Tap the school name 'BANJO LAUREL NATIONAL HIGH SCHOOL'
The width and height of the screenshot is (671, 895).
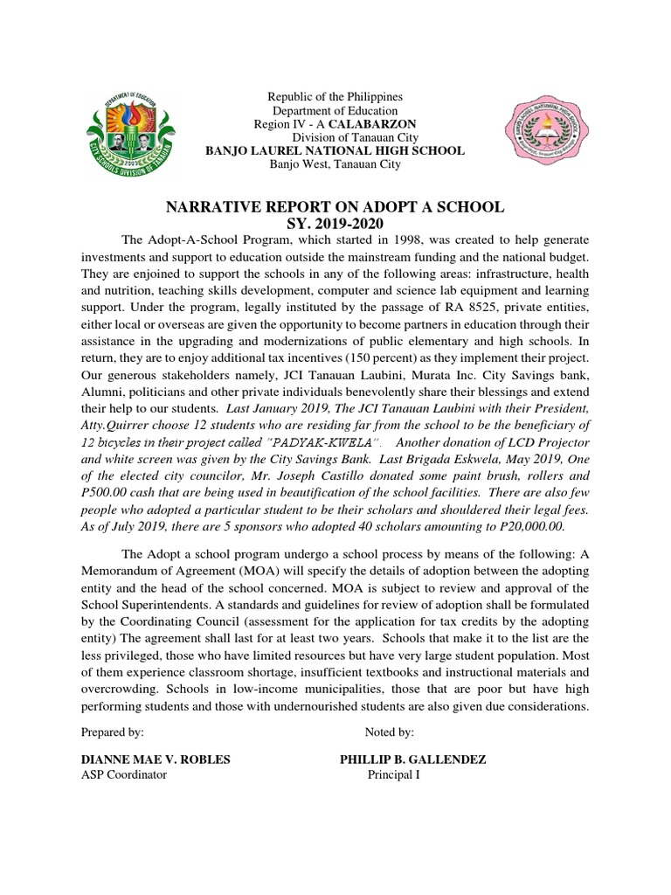coord(335,151)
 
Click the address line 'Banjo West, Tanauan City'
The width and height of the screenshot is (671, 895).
coord(335,164)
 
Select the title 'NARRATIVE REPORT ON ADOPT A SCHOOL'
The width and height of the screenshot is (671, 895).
coord(335,206)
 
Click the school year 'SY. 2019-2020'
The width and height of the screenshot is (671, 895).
coord(335,224)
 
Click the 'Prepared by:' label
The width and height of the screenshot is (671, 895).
coord(112,732)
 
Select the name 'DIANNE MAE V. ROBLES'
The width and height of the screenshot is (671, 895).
coord(155,760)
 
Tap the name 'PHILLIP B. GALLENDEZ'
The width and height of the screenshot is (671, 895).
coord(412,760)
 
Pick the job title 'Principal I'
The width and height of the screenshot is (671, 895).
coord(393,774)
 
